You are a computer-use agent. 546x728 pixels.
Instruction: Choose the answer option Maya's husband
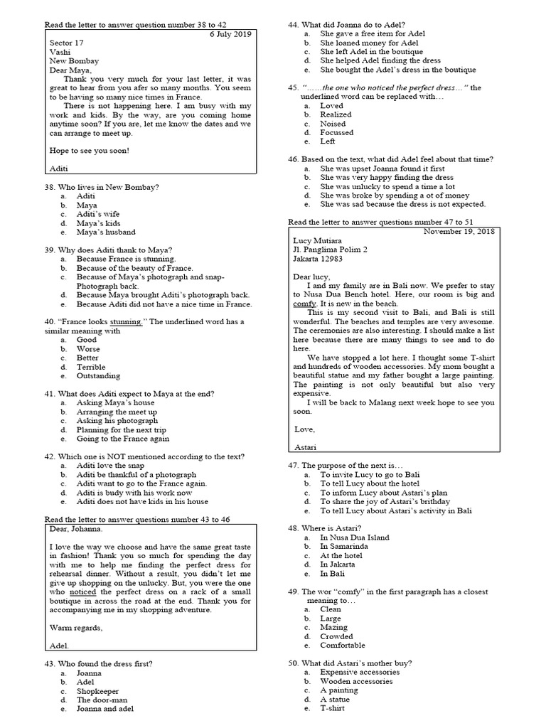point(106,232)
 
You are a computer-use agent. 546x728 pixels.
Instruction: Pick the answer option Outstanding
point(98,375)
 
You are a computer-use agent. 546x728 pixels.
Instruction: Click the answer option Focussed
point(336,132)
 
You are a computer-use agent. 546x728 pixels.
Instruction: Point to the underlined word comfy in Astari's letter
point(304,303)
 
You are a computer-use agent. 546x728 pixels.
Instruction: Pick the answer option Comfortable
point(342,645)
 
